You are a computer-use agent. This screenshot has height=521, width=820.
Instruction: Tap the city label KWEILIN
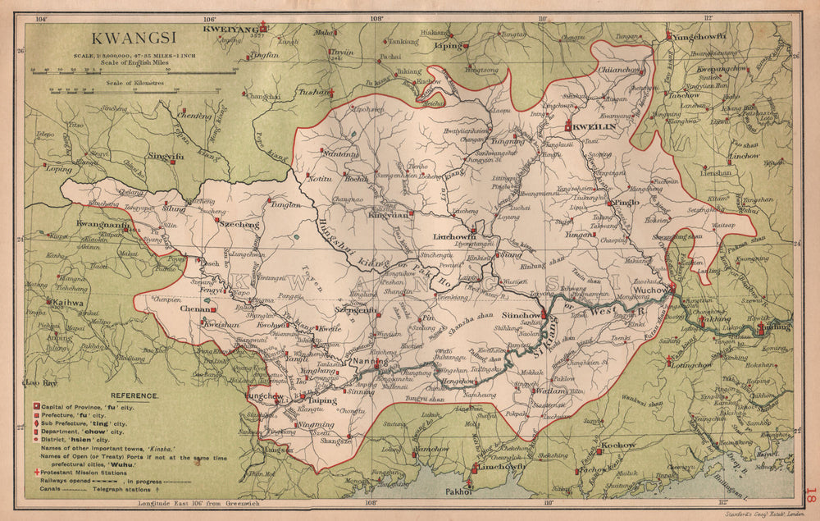click(593, 127)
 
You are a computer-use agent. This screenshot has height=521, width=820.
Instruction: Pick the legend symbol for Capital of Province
click(36, 407)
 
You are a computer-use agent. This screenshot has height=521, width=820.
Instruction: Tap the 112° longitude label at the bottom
click(723, 501)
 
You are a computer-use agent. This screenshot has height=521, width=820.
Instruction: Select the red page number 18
click(810, 496)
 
